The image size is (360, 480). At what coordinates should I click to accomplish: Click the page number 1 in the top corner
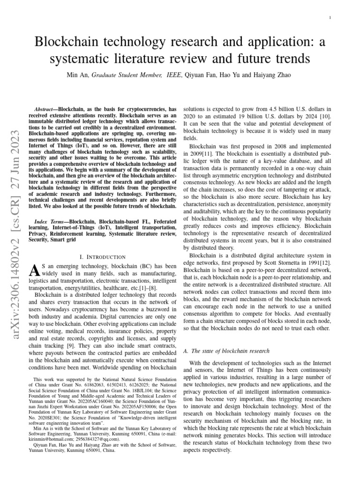pos(331,18)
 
